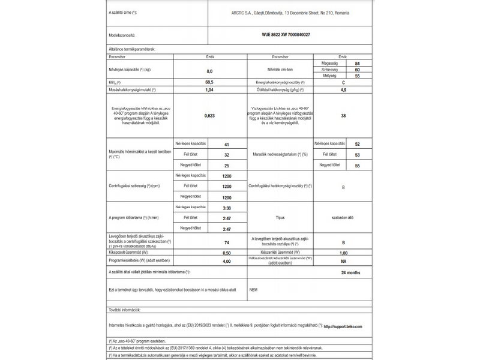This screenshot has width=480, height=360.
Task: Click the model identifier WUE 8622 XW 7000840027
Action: [287, 35]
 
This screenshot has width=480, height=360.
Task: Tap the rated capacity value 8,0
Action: [209, 71]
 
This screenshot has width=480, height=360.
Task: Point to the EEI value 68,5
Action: [209, 82]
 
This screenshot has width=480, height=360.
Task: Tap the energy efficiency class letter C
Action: [343, 82]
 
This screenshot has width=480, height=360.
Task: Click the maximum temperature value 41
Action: [226, 145]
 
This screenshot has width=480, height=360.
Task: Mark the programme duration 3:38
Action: [226, 208]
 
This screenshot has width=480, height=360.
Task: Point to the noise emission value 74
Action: [226, 242]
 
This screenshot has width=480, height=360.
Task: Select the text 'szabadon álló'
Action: [343, 218]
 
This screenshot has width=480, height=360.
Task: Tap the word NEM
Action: [253, 289]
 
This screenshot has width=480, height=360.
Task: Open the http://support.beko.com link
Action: [343, 326]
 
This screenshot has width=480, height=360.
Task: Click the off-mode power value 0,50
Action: [226, 253]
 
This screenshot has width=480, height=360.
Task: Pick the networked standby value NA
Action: [343, 262]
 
